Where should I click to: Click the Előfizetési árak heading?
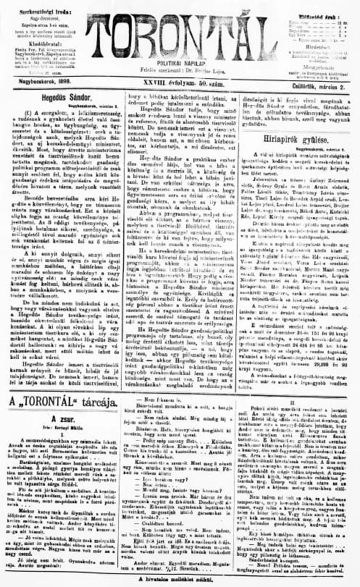(x=315, y=5)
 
